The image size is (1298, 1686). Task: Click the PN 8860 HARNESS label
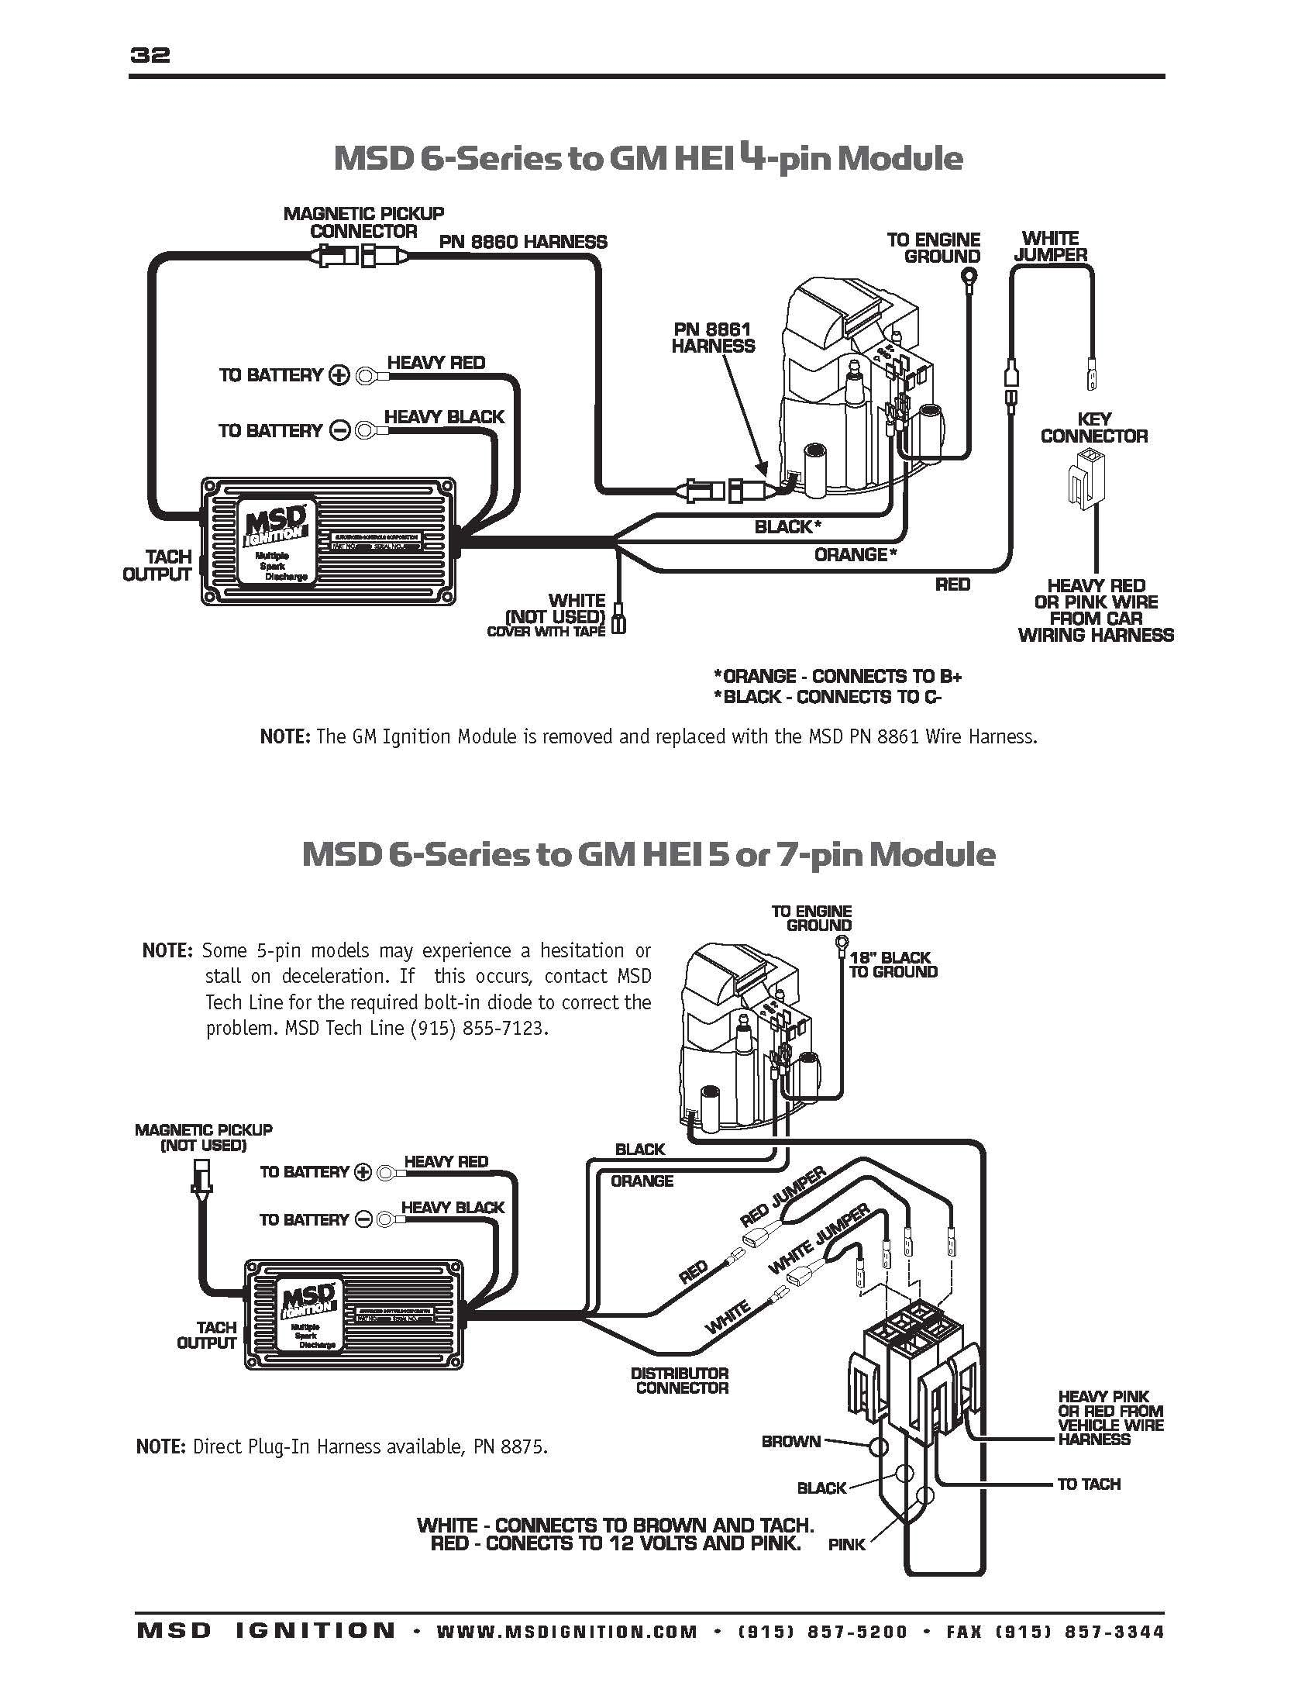(523, 242)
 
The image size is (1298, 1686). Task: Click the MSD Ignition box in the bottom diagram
(355, 1323)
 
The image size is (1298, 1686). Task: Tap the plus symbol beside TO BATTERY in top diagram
(339, 376)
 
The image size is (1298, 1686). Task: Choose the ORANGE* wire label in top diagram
(855, 554)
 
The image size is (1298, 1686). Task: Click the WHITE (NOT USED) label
(554, 609)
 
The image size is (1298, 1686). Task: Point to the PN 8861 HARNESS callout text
(712, 338)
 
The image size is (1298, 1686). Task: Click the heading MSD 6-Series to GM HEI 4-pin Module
(648, 159)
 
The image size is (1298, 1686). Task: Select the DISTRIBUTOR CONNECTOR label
(680, 1380)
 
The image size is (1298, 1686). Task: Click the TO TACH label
(1088, 1484)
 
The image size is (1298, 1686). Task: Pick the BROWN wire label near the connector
(790, 1442)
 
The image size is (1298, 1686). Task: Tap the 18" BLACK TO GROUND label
(892, 964)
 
